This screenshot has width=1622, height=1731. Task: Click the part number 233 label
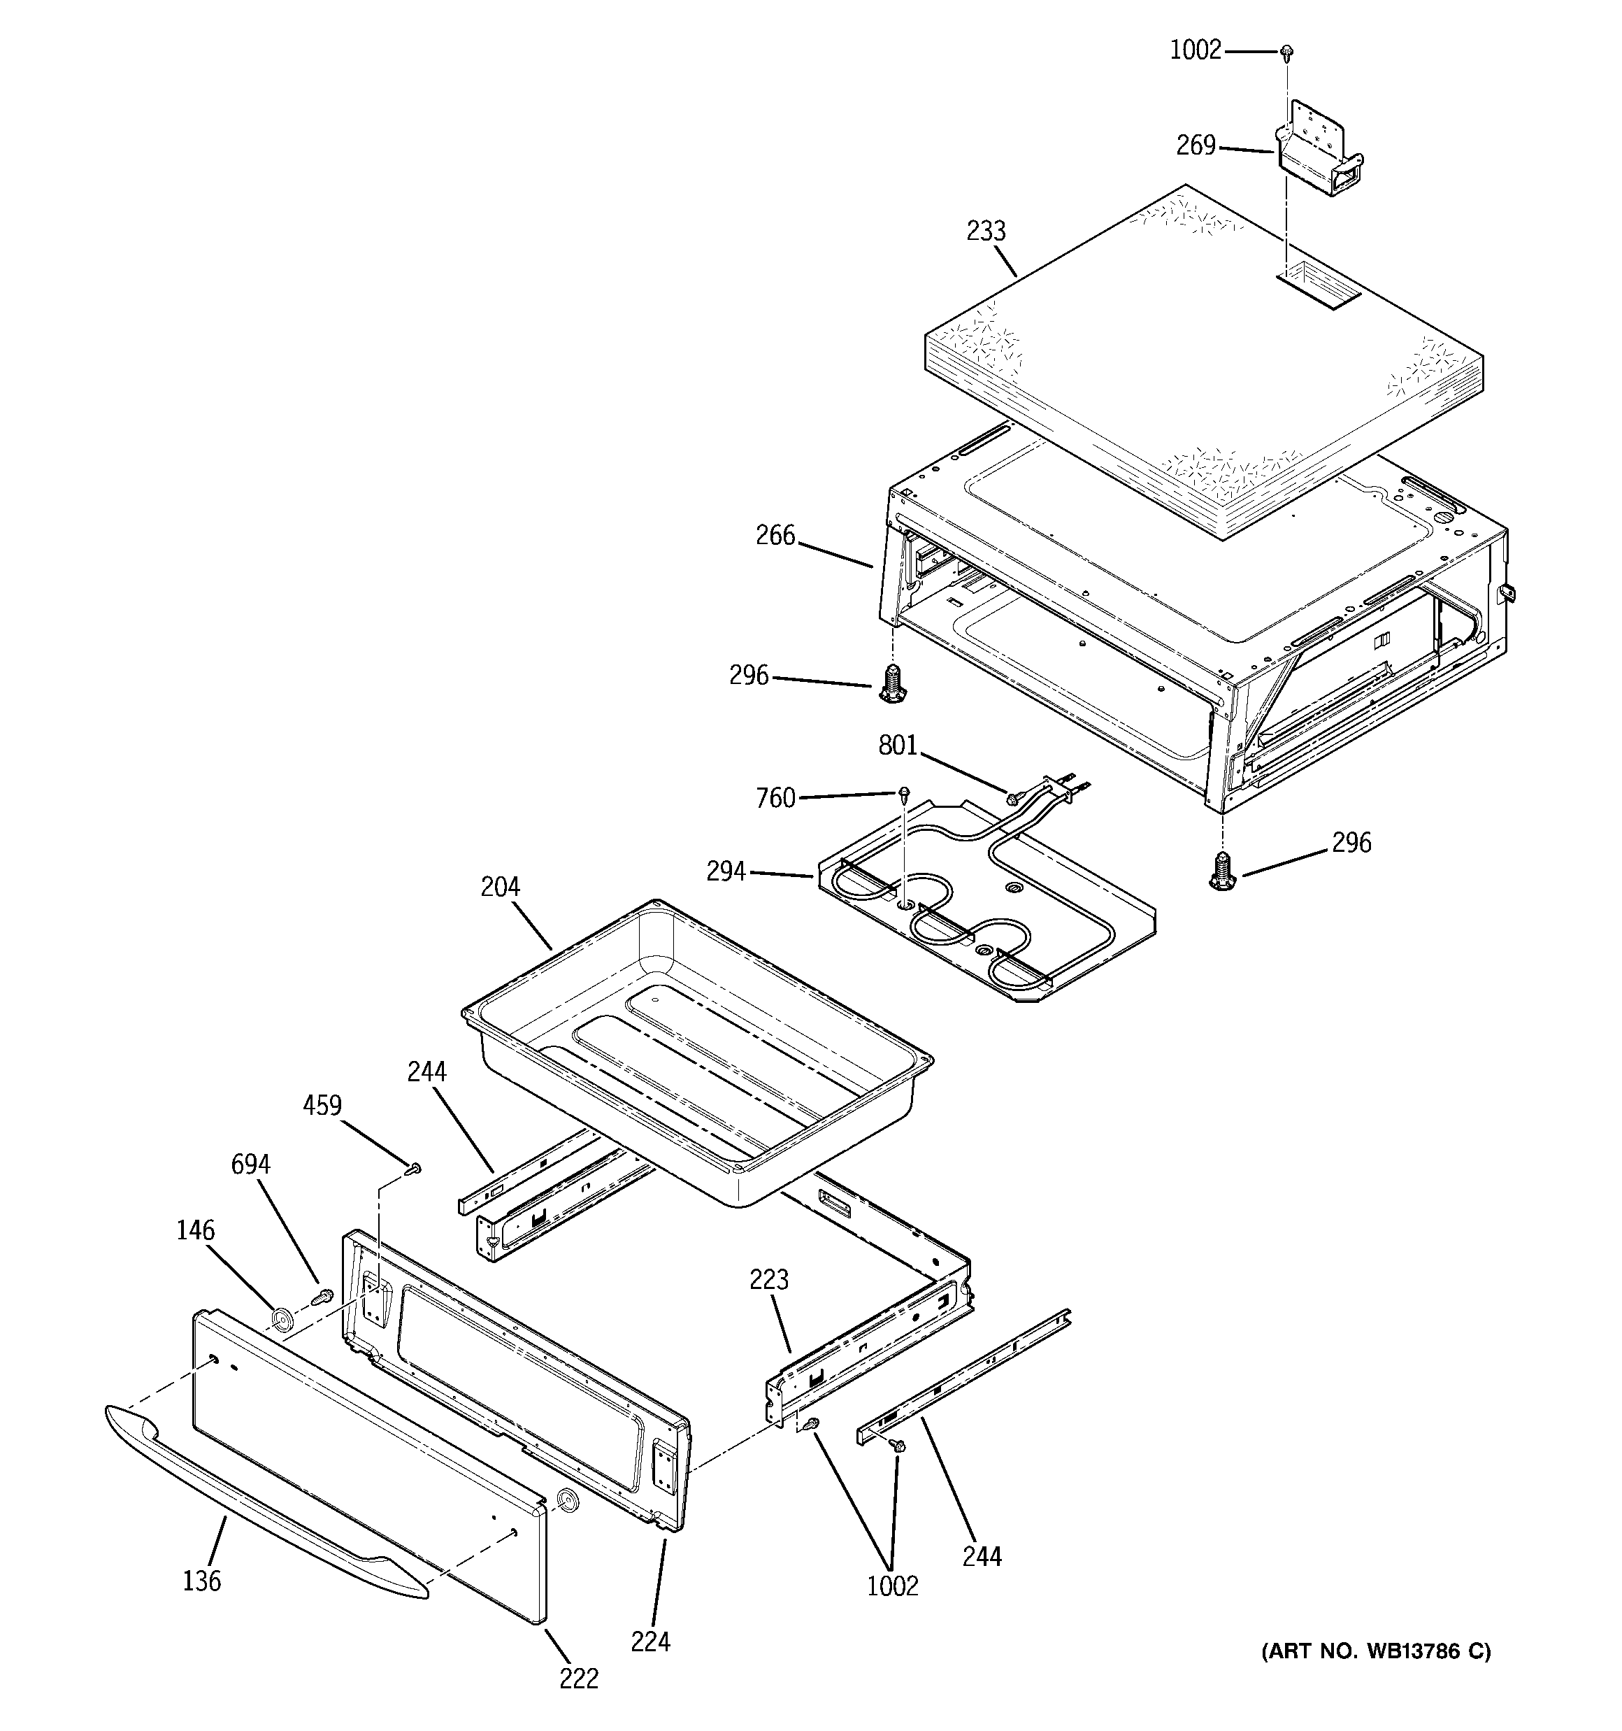point(986,231)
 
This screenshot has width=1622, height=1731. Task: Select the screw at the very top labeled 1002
point(1286,53)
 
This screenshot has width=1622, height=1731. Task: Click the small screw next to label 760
point(905,792)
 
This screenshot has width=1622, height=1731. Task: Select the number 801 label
point(898,746)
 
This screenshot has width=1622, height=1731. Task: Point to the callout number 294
point(726,871)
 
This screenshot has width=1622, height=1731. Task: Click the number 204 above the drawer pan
point(500,888)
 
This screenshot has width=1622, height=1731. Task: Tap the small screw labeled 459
point(415,1169)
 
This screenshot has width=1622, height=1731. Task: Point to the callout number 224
point(650,1641)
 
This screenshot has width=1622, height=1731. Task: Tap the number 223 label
point(769,1280)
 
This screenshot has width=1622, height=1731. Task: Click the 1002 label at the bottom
point(892,1586)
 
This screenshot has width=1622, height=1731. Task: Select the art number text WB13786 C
point(1376,1651)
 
